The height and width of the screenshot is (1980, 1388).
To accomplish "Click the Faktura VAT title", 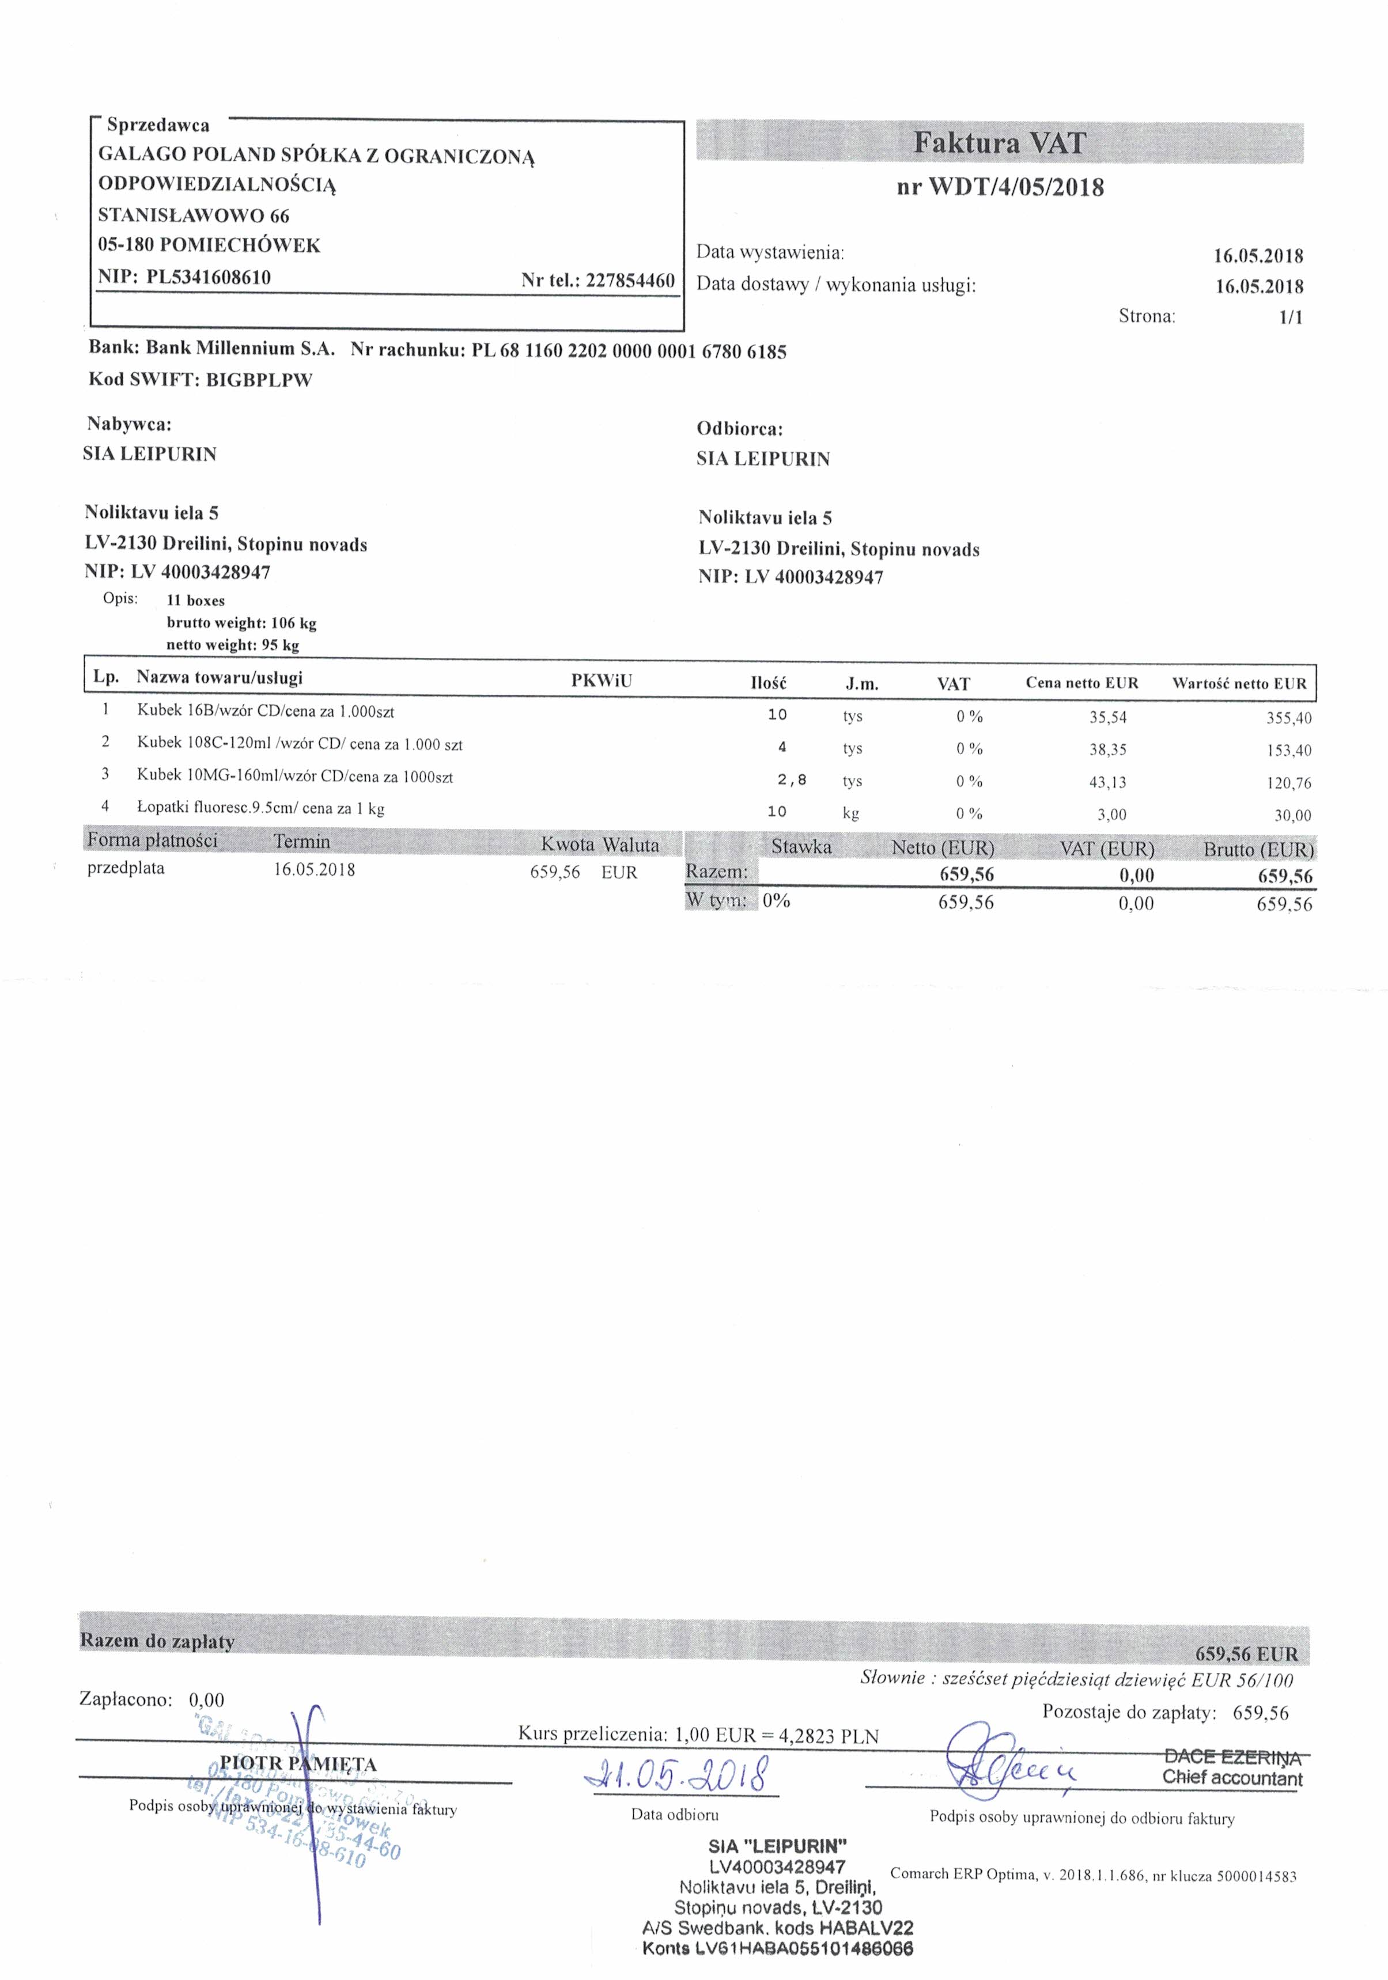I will click(999, 143).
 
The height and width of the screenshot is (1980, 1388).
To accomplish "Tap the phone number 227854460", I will click(630, 281).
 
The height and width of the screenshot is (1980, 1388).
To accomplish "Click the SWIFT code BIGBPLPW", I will click(259, 380).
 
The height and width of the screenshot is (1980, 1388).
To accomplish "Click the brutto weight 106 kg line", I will click(241, 623).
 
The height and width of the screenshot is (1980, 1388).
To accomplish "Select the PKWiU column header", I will click(602, 680).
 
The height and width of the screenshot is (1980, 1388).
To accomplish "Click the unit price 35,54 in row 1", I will click(1107, 717).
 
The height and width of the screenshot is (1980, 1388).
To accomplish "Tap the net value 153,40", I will click(1289, 750).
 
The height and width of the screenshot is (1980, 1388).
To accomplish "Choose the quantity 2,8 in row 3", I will click(791, 779).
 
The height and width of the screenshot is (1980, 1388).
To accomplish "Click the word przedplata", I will click(126, 868).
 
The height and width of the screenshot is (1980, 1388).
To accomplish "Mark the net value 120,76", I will click(1289, 783).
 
